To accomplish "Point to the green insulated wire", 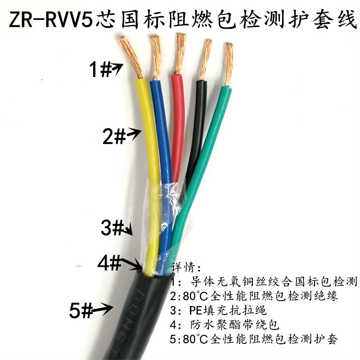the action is click(211, 135).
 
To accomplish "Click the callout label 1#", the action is click(99, 70).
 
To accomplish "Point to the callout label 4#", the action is click(109, 262).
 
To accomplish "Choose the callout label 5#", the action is click(81, 310).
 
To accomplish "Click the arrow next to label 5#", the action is click(103, 308).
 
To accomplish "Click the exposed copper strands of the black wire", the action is click(205, 58).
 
